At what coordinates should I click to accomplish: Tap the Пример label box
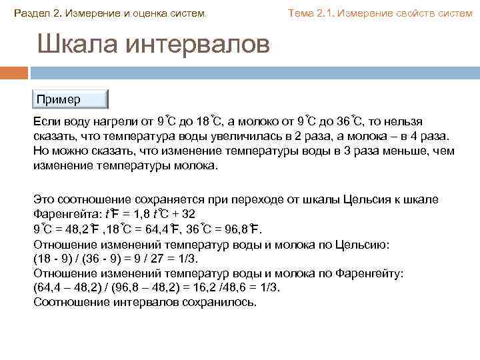pyautogui.click(x=70, y=99)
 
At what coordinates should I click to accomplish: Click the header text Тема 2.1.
pyautogui.click(x=309, y=13)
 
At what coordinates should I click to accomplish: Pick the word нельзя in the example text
pyautogui.click(x=405, y=121)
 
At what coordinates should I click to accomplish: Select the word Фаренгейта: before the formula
pyautogui.click(x=64, y=214)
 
